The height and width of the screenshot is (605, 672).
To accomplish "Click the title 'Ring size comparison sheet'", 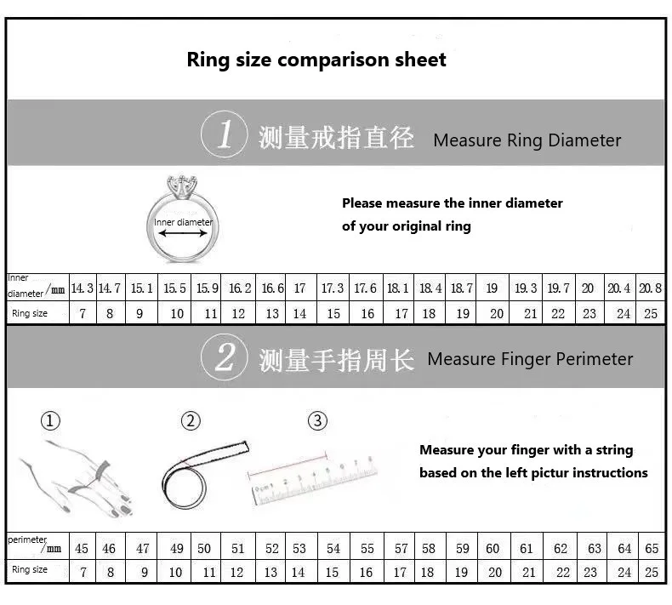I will (x=316, y=60).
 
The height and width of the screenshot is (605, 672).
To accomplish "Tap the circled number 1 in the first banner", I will (x=225, y=135).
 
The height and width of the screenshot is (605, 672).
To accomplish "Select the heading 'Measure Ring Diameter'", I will (x=527, y=140).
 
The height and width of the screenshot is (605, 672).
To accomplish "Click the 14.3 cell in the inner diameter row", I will (x=82, y=288).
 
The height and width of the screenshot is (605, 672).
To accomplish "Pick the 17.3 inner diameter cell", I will (x=333, y=288).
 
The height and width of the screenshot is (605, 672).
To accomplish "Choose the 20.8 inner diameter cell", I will (x=650, y=288).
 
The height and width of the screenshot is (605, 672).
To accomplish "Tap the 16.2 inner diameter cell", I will (x=239, y=288).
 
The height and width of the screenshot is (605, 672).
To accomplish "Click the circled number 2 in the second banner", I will (x=225, y=357).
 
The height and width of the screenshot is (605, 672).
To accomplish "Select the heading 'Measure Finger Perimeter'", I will (x=530, y=359).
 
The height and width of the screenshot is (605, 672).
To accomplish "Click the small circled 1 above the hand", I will (x=51, y=420).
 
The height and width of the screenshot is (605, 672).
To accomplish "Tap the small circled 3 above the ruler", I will (x=317, y=420).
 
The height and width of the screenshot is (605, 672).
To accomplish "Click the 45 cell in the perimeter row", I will (x=82, y=549).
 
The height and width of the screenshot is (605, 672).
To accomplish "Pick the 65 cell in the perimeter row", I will (x=652, y=549).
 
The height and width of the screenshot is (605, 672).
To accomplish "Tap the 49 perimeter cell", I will (x=175, y=549).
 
